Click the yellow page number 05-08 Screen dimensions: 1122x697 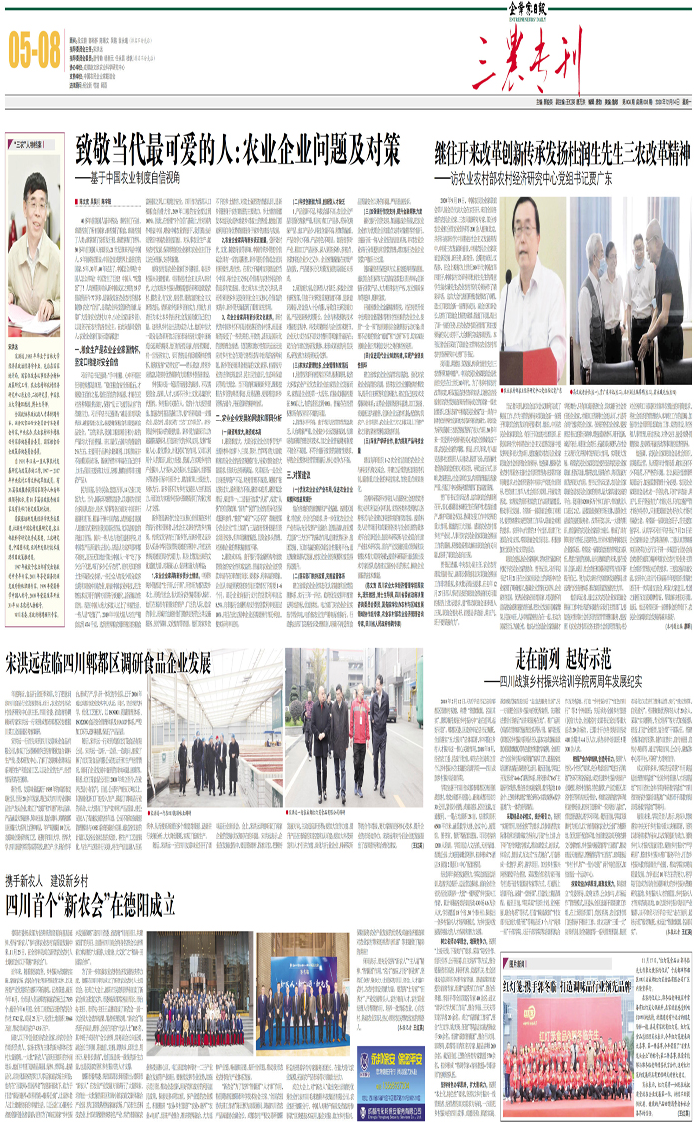tap(35, 51)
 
